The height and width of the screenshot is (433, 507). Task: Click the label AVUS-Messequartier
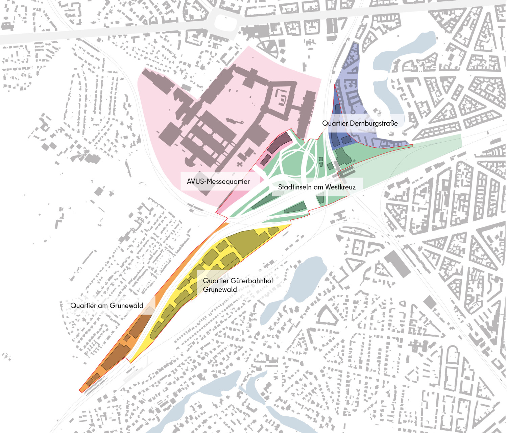[218, 182]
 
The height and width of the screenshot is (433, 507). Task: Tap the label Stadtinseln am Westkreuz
[316, 187]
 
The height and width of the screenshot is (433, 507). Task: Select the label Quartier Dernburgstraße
[360, 123]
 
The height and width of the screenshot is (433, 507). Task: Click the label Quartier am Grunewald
[106, 306]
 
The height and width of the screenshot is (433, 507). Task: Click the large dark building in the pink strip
[279, 143]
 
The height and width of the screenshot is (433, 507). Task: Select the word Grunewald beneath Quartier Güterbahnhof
[220, 290]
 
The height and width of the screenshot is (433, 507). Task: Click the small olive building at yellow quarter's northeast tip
[273, 231]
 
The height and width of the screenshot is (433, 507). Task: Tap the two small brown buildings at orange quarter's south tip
[93, 379]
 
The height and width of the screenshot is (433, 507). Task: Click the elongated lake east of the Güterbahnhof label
[297, 287]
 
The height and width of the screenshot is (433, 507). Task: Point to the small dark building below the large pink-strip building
[265, 160]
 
